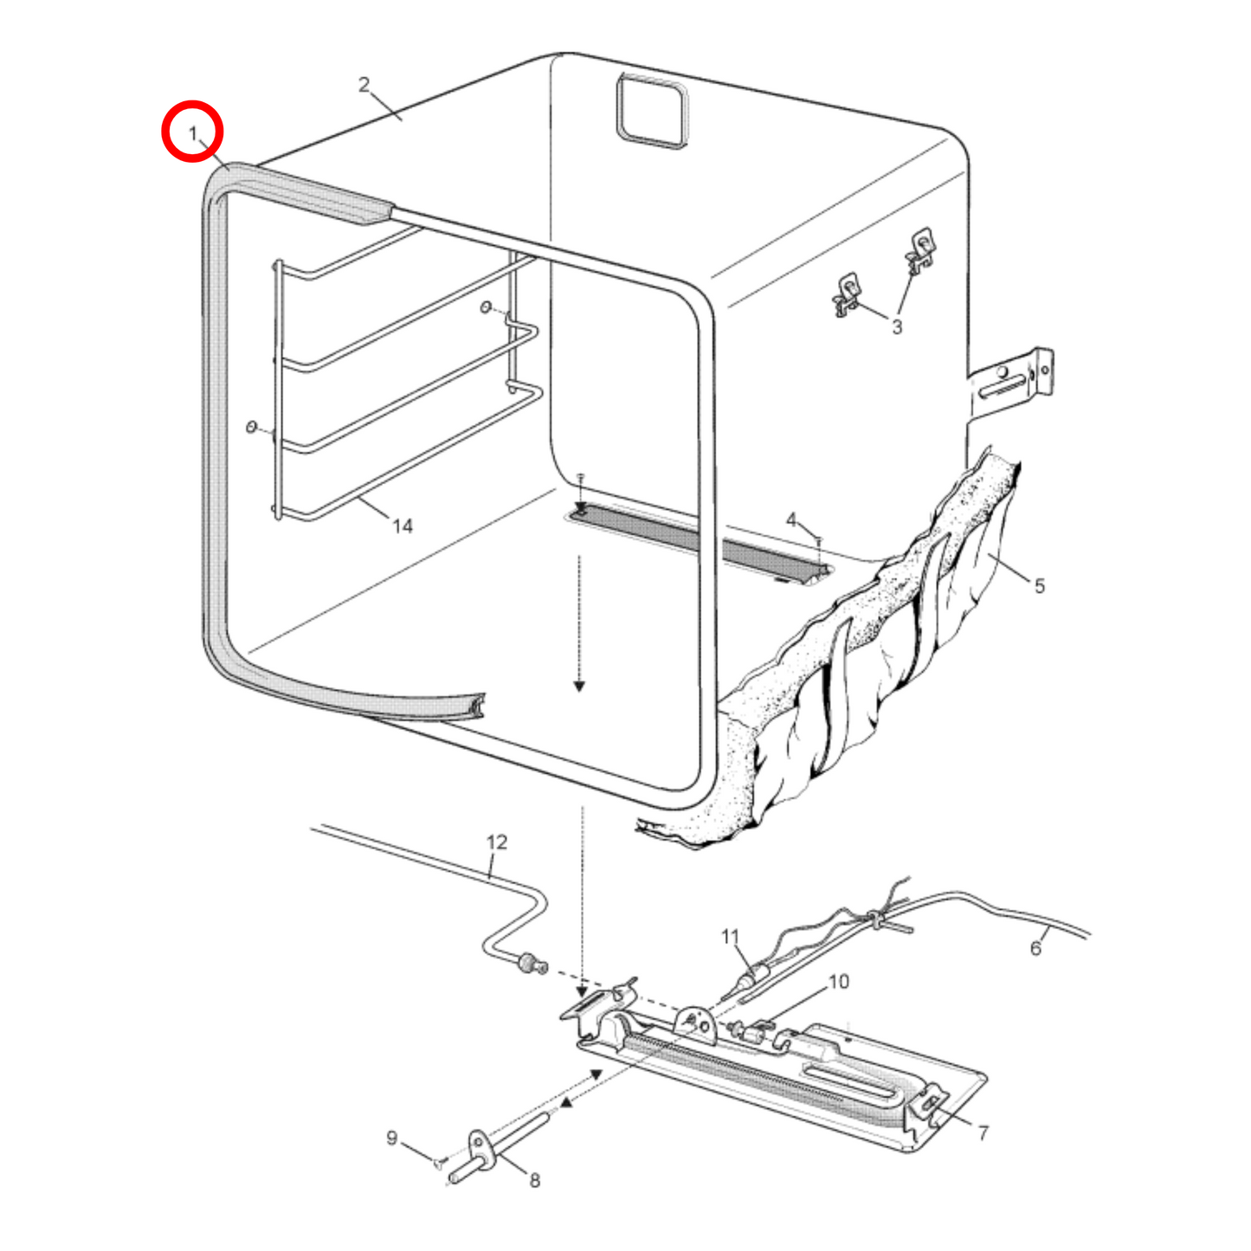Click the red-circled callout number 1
pos(193,134)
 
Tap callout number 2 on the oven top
pos(364,84)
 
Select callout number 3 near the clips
pos(897,326)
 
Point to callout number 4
pos(791,520)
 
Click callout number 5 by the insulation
pos(1040,586)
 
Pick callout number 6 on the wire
pos(1036,949)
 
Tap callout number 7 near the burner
pos(983,1133)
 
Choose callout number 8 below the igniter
pos(534,1181)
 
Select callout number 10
pos(839,983)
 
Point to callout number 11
pos(731,937)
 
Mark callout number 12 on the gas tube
pos(497,842)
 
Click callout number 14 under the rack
pos(403,526)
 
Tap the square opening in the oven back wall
pos(652,111)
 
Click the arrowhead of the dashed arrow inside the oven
pos(579,686)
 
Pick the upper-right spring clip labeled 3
pos(921,249)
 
